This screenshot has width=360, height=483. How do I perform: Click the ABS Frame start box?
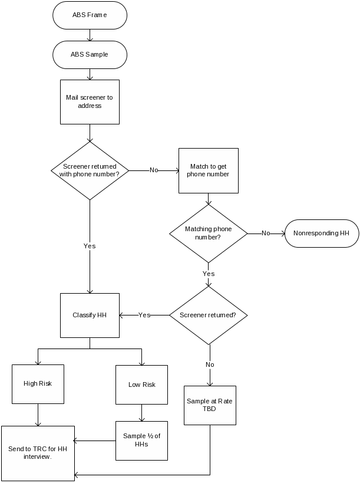90,15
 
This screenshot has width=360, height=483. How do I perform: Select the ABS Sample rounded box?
90,55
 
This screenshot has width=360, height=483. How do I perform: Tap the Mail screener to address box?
90,102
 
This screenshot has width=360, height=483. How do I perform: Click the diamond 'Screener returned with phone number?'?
90,170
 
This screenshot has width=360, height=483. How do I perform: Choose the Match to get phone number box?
208,170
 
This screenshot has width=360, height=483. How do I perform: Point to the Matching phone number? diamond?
208,233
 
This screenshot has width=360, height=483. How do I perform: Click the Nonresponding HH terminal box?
322,233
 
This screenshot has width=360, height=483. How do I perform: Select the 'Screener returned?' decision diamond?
208,315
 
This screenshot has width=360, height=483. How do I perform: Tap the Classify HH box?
90,315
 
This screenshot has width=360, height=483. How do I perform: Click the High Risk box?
38,384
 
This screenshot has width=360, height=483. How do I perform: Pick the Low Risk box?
141,385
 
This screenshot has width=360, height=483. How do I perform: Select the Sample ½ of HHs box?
141,440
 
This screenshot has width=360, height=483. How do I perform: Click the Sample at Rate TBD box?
210,405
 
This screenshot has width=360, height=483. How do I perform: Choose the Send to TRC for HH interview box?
38,453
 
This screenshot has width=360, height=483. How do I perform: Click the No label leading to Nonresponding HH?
266,233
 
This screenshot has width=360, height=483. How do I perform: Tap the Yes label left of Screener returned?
144,315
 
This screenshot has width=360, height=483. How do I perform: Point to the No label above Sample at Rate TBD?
210,364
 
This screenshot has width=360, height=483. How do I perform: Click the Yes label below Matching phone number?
208,274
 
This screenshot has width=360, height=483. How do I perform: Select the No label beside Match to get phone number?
154,170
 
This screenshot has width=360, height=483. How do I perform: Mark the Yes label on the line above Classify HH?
90,246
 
